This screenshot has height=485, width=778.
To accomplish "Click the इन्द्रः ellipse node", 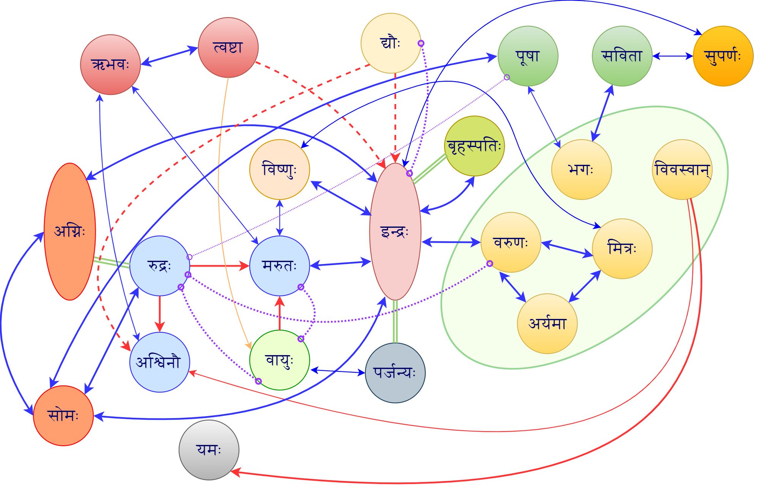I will pos(395,232).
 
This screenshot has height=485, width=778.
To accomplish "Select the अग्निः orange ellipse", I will pos(70,232).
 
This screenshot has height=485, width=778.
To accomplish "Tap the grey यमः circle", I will pos(209,450).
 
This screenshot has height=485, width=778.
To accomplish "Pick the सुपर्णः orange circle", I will pos(723,56).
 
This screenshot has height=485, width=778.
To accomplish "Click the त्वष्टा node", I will pos(228,47).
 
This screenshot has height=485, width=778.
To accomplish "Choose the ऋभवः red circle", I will pos(111,65).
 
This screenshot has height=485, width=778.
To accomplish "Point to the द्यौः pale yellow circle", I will pos(391,43).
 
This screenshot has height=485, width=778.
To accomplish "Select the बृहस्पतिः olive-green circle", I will pos(474,146).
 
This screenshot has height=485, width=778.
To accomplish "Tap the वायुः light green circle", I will pos(280,360).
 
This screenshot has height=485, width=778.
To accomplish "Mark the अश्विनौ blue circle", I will pos(160,362).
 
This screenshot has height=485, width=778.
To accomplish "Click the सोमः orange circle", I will pos(63,415).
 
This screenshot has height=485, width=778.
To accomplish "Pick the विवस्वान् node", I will pos(682,169).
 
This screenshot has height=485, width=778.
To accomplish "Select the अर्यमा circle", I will pos(547,324).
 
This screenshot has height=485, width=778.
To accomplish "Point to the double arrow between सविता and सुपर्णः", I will pos(673,56).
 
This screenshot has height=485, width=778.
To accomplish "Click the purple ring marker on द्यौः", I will pos(421,43).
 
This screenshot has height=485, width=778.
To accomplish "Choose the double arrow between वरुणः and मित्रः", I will pos(567,249).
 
